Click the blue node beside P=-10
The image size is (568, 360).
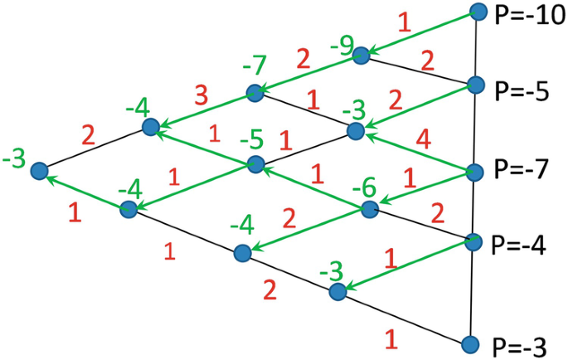click(x=478, y=12)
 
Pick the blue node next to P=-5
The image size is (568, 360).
click(x=476, y=84)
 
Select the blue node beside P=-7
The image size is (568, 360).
click(x=475, y=173)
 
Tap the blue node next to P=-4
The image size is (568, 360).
click(x=473, y=241)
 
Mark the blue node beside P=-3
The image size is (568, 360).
click(x=471, y=343)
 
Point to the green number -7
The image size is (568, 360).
click(x=255, y=66)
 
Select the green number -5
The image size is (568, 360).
click(x=250, y=139)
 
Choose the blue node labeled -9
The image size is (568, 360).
click(x=362, y=56)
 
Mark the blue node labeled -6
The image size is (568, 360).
click(x=369, y=208)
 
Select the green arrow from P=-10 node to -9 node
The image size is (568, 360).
click(x=420, y=34)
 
